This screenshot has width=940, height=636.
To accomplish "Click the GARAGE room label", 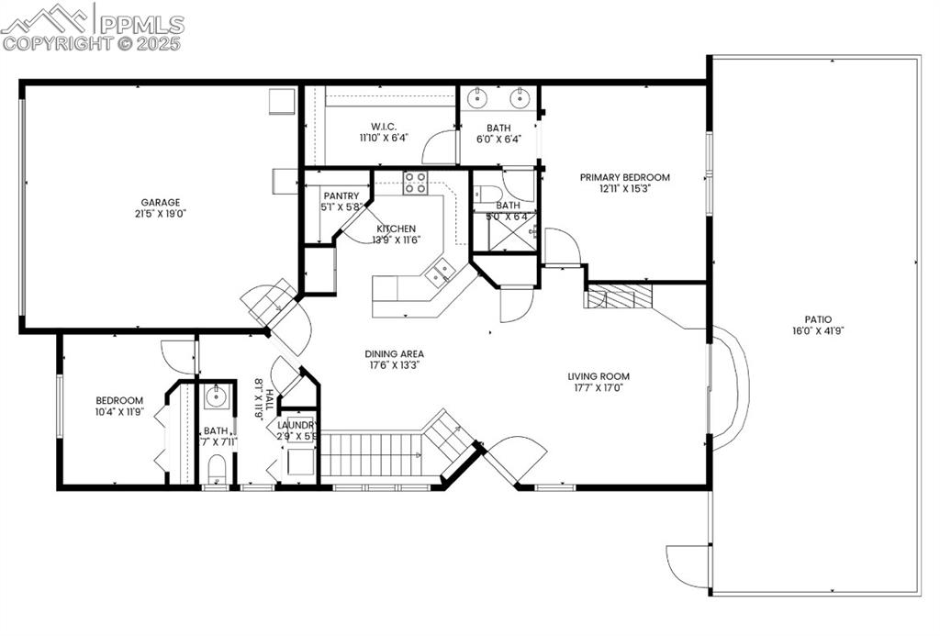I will [x=160, y=203].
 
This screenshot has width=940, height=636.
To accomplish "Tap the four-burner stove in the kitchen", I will [x=415, y=182].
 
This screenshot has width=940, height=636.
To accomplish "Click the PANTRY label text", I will [x=341, y=195].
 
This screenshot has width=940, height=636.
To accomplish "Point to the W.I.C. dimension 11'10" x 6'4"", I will [x=383, y=138].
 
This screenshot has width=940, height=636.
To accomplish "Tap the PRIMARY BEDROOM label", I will [x=624, y=177].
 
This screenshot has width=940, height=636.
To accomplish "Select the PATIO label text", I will [x=819, y=319].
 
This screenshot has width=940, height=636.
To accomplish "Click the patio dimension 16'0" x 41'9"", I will [x=819, y=331].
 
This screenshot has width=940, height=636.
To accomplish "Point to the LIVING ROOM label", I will [x=598, y=375].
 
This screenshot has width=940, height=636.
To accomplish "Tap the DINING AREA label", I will [x=394, y=353].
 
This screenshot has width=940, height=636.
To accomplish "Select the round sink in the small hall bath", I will [x=216, y=398].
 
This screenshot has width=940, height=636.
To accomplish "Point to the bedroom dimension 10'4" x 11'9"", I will [x=119, y=412].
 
